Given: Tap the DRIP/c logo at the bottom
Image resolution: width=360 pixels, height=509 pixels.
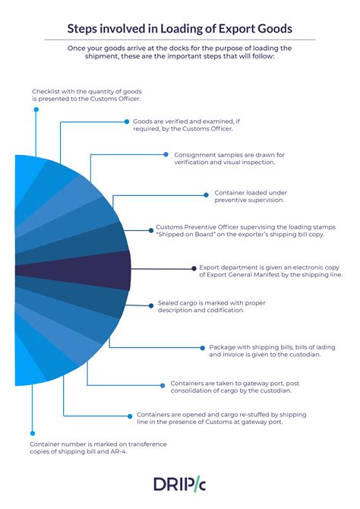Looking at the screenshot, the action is click(x=179, y=485).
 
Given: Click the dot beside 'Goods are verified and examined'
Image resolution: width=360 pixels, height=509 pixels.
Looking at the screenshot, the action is click(x=127, y=122).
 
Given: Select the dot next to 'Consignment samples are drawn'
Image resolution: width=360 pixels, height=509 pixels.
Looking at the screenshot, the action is click(x=166, y=154).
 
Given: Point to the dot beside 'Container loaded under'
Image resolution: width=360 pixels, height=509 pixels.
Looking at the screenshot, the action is click(x=206, y=195).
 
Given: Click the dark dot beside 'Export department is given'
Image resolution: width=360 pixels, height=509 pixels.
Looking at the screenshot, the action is click(x=194, y=268).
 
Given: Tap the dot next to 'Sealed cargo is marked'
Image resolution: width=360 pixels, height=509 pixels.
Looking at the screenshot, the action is click(x=151, y=305).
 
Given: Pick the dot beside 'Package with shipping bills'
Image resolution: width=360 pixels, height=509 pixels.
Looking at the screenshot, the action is click(x=203, y=348).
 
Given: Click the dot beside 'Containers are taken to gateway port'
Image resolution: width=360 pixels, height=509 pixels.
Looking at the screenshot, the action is click(x=163, y=385).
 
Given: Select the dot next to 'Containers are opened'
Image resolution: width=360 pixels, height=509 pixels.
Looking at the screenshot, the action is click(x=130, y=416).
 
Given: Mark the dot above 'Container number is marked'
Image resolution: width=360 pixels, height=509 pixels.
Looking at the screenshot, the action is click(x=33, y=433).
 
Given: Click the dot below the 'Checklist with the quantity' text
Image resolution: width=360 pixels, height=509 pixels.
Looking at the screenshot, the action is click(x=36, y=109).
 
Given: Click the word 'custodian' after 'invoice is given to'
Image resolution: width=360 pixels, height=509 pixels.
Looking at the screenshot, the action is click(x=305, y=355).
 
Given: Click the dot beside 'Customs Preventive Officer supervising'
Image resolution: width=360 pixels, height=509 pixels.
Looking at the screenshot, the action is click(x=151, y=230).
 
